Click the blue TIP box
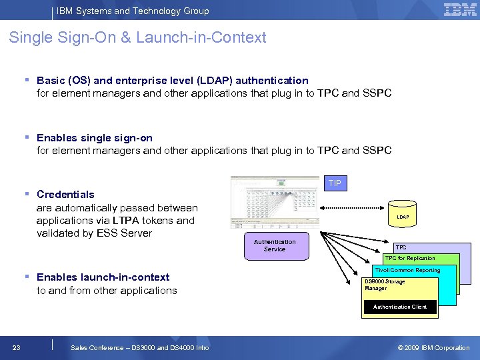tap(335, 183)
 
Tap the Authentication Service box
tap(275, 246)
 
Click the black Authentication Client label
tap(400, 307)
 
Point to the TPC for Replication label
tap(410, 258)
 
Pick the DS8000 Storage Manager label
tap(385, 285)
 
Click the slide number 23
tap(17, 347)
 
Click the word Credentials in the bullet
tap(65, 195)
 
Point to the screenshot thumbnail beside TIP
tap(275, 201)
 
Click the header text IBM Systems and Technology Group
tap(133, 11)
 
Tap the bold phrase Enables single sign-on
tap(95, 138)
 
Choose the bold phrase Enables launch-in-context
tap(103, 277)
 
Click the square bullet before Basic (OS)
tap(27, 80)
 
